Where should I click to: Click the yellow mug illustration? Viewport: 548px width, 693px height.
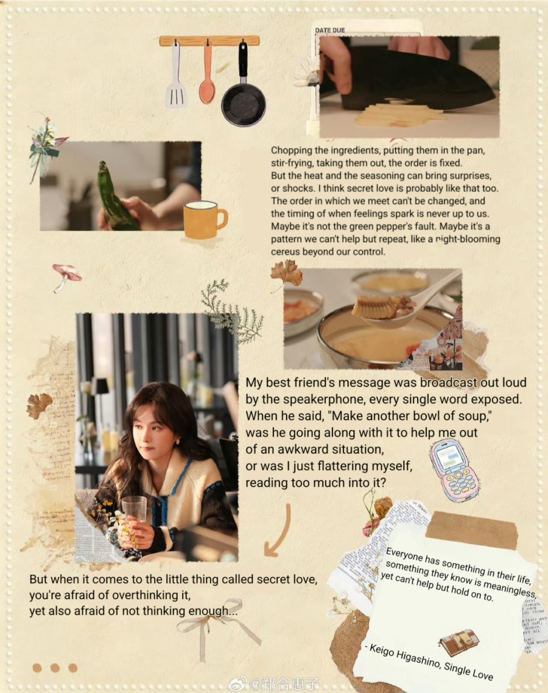pyautogui.click(x=205, y=220)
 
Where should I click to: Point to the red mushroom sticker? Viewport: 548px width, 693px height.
pyautogui.click(x=66, y=276)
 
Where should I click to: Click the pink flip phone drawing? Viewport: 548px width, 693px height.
pyautogui.click(x=455, y=470)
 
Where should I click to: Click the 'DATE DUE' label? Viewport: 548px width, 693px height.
pyautogui.click(x=329, y=30)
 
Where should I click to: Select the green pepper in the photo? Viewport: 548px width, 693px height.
pyautogui.click(x=116, y=198)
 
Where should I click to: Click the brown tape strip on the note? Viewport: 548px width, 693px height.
pyautogui.click(x=472, y=530)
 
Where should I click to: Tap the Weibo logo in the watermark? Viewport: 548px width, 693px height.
pyautogui.click(x=239, y=684)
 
